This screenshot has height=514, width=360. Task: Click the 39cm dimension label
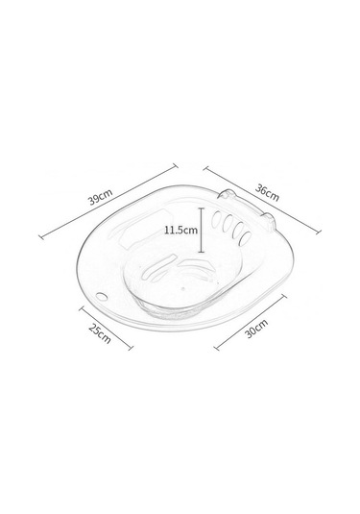[101, 196]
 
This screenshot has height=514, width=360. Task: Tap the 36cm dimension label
[267, 193]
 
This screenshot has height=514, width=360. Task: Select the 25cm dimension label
[100, 334]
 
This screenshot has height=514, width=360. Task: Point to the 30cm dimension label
[257, 329]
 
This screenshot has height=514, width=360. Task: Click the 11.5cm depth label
[180, 230]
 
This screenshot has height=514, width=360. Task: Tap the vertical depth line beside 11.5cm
[202, 231]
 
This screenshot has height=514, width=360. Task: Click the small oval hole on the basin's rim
[102, 297]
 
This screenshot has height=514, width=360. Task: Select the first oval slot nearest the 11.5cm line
[217, 220]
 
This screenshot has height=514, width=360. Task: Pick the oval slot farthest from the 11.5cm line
[245, 238]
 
